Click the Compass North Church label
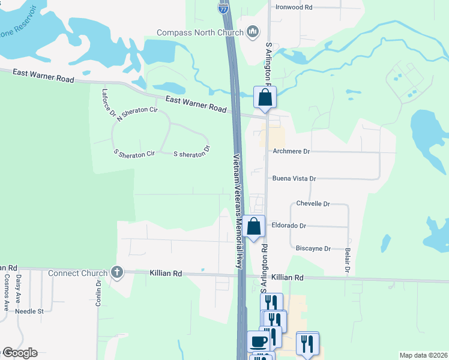click(199, 32)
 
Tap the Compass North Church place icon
click(253, 32)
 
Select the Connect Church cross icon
click(116, 273)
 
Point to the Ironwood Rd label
click(294, 7)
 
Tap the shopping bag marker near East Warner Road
click(265, 98)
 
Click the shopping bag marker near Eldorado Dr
click(254, 226)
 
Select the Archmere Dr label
click(291, 152)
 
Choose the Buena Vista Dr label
click(294, 179)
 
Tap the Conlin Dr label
click(98, 293)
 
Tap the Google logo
click(19, 353)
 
